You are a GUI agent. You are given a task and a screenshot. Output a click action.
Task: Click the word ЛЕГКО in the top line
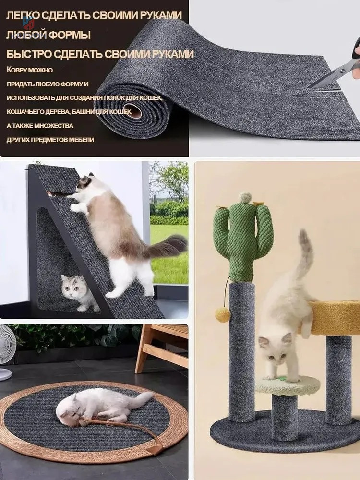(22, 15)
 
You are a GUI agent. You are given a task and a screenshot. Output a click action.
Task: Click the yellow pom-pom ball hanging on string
(222, 315)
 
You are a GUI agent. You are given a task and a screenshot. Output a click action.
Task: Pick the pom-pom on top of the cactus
(245, 197)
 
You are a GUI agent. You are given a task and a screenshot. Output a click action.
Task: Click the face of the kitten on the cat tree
(274, 350)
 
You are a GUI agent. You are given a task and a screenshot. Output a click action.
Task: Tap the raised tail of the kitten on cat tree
(304, 253)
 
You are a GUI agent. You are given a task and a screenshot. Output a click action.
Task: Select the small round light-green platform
(287, 385)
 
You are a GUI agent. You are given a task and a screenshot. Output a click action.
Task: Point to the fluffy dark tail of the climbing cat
(167, 246)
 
